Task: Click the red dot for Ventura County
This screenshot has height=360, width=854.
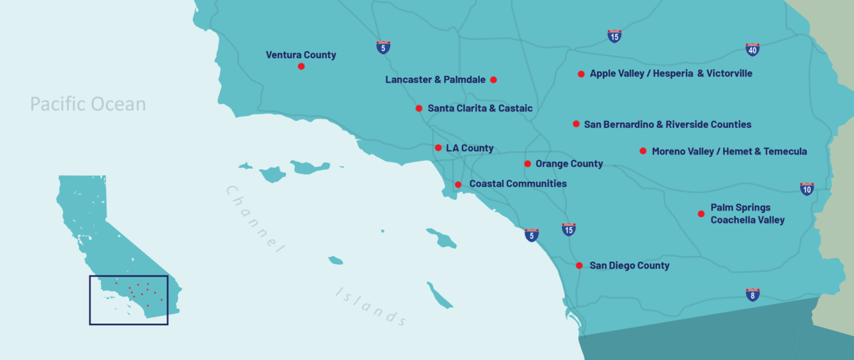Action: [301, 66]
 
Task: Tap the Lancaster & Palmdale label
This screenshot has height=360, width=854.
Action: [435, 80]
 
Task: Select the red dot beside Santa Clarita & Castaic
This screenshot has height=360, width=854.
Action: [419, 108]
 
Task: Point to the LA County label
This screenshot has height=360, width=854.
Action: [469, 148]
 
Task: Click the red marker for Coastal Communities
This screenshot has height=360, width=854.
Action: [458, 184]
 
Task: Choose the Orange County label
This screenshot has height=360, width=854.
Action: [569, 164]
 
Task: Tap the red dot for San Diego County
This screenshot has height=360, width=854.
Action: [579, 265]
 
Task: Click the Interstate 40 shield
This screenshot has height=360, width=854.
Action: [752, 49]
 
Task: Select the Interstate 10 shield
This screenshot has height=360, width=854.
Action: [806, 189]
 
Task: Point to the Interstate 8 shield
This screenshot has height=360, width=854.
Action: [752, 295]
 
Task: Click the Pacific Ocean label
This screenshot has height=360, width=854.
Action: [88, 105]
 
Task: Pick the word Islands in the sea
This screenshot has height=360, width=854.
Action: [371, 306]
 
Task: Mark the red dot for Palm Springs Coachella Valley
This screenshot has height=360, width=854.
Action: [701, 213]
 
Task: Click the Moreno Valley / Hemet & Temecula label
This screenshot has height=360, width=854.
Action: [729, 151]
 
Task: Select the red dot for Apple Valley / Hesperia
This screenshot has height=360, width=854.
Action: [581, 74]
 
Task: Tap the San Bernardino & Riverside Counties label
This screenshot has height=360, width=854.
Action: [667, 125]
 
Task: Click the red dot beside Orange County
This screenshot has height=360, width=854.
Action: [527, 164]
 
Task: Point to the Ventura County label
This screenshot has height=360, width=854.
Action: [300, 55]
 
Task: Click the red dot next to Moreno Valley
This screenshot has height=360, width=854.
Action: [643, 151]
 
